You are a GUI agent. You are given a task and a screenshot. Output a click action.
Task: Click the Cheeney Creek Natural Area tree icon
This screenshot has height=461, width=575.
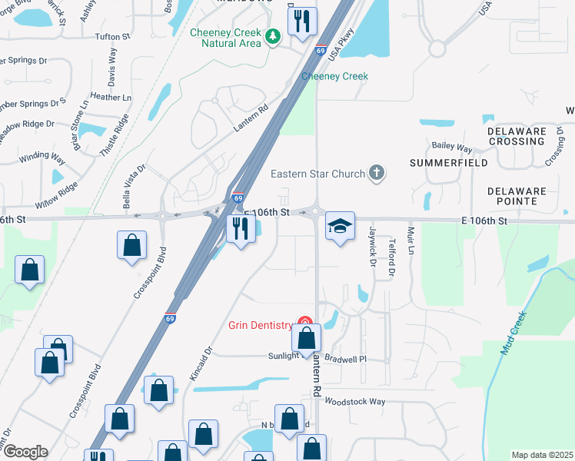(x=271, y=36)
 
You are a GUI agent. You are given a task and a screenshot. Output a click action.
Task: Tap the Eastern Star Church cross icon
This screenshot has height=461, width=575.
(x=377, y=173)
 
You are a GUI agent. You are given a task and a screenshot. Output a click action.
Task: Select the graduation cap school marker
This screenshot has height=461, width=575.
(x=340, y=226)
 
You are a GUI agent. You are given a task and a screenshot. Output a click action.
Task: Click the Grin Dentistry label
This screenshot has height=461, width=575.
(x=261, y=324)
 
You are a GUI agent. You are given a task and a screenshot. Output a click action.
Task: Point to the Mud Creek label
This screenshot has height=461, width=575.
(x=514, y=333)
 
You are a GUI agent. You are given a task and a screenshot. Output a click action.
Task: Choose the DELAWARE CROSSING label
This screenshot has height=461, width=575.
(x=517, y=136)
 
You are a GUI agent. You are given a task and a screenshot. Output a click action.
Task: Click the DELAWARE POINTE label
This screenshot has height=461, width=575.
(x=517, y=196)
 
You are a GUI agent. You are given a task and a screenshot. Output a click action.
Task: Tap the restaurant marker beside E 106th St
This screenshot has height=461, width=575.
(x=241, y=229)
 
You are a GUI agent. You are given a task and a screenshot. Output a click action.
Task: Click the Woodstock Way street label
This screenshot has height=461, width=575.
(x=354, y=401)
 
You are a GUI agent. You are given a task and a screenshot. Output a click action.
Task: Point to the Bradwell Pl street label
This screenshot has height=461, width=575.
(x=346, y=359)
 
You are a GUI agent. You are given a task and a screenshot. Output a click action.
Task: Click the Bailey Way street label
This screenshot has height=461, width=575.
(x=451, y=146)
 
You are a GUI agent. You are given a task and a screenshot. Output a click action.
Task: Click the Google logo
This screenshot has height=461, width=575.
(x=25, y=452)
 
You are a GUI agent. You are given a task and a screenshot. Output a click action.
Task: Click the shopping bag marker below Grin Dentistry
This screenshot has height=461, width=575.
(x=306, y=338)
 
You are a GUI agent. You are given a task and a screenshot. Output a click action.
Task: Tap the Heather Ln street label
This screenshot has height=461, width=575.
(x=111, y=98)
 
